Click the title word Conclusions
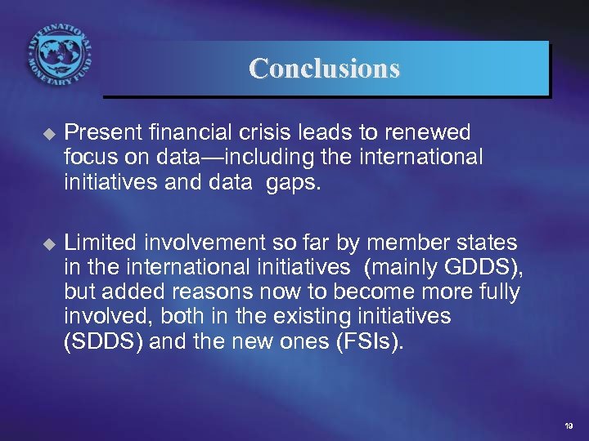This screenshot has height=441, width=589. point(325,68)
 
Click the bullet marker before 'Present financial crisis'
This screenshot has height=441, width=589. point(46,132)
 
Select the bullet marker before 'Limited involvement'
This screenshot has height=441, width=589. point(46,243)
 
